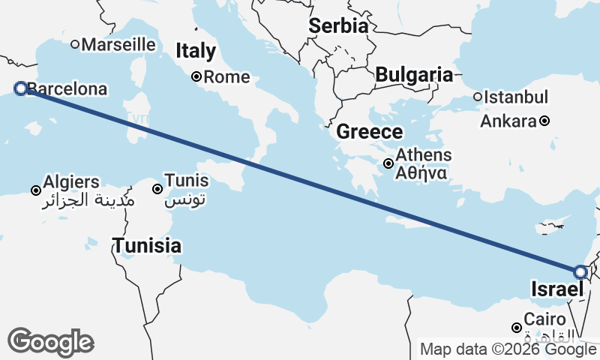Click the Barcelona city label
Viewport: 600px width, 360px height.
coord(67,89)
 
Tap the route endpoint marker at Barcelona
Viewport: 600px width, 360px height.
coord(21,88)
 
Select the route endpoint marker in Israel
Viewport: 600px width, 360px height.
coord(580,272)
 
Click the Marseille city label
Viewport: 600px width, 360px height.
coord(118,44)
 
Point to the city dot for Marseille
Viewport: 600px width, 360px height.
coord(75,44)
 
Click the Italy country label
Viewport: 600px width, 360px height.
coord(196,51)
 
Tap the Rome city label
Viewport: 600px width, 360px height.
coord(228,76)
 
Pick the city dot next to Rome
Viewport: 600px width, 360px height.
coord(196,76)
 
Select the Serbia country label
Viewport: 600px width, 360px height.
coord(339,25)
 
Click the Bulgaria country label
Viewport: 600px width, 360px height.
coord(414,75)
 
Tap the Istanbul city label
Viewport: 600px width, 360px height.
coord(516,97)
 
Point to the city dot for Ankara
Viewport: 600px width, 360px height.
coord(544,121)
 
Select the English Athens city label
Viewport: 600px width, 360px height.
coord(424,155)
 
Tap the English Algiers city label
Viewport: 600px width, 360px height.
coord(71,181)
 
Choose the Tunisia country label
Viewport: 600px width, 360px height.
coord(146,245)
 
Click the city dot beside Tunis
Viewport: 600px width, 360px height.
coord(157,189)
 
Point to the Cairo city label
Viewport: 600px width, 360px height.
coord(540,319)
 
